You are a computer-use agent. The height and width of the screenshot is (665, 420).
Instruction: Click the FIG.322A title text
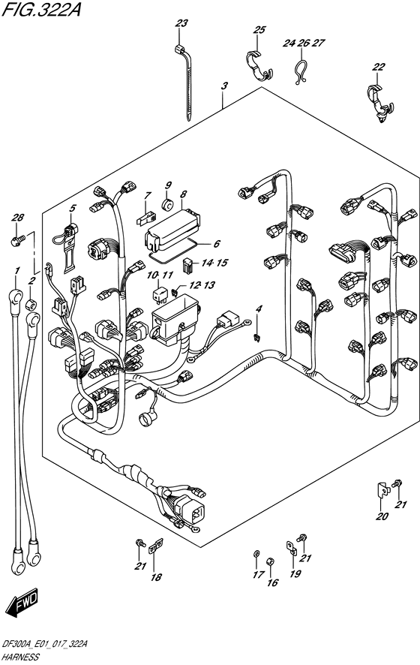(40, 9)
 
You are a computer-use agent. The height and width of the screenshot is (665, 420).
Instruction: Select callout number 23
(181, 23)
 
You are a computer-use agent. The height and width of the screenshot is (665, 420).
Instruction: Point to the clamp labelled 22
(379, 103)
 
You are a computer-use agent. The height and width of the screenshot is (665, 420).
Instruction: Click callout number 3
(224, 86)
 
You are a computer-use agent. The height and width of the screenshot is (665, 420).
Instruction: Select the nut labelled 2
(31, 304)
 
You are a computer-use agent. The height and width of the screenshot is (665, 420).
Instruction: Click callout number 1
(17, 271)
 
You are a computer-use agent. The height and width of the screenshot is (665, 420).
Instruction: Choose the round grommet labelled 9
(168, 205)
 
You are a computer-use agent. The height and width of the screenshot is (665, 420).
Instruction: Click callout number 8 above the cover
(183, 194)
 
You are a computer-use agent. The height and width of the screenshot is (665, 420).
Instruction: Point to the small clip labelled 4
(256, 338)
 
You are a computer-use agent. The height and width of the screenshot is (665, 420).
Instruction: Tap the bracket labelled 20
(382, 490)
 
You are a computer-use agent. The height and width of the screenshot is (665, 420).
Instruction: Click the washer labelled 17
(256, 554)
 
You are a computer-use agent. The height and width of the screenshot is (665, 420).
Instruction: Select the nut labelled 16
(270, 562)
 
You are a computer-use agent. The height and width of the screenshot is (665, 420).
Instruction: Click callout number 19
(295, 573)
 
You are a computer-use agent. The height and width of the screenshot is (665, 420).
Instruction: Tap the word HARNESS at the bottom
(21, 657)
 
